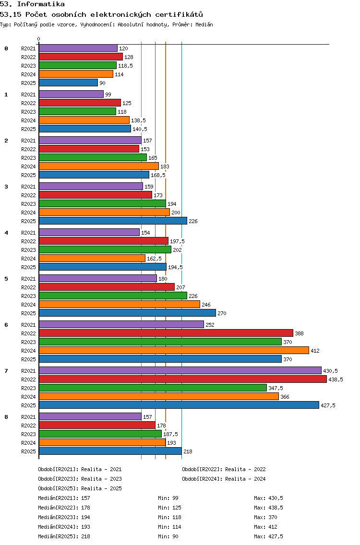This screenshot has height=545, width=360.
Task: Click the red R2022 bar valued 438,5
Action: tap(183, 379)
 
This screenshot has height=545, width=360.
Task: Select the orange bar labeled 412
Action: tap(174, 350)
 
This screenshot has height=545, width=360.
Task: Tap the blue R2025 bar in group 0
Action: tap(69, 83)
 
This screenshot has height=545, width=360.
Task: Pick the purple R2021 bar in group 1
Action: tap(72, 94)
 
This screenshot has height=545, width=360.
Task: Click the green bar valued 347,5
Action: tap(153, 388)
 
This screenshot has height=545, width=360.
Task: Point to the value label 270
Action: tap(222, 313)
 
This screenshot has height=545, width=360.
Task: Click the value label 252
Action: tap(210, 325)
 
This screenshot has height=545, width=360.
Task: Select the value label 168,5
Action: tap(158, 175)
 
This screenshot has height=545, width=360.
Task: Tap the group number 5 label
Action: tap(6, 279)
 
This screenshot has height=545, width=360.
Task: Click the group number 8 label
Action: tap(6, 417)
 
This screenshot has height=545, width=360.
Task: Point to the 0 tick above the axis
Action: tap(38, 39)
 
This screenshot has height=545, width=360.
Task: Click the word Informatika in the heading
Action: tap(41, 4)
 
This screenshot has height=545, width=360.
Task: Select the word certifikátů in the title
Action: tap(179, 14)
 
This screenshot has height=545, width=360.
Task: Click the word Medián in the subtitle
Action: tap(204, 24)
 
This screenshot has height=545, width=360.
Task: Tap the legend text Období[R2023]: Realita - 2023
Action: tap(80, 479)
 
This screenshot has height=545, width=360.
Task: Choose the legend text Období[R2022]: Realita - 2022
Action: tap(224, 469)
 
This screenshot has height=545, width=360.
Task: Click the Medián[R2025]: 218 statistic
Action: tap(64, 536)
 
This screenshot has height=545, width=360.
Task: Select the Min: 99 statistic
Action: tap(168, 498)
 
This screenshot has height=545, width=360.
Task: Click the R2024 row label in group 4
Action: tap(28, 259)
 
